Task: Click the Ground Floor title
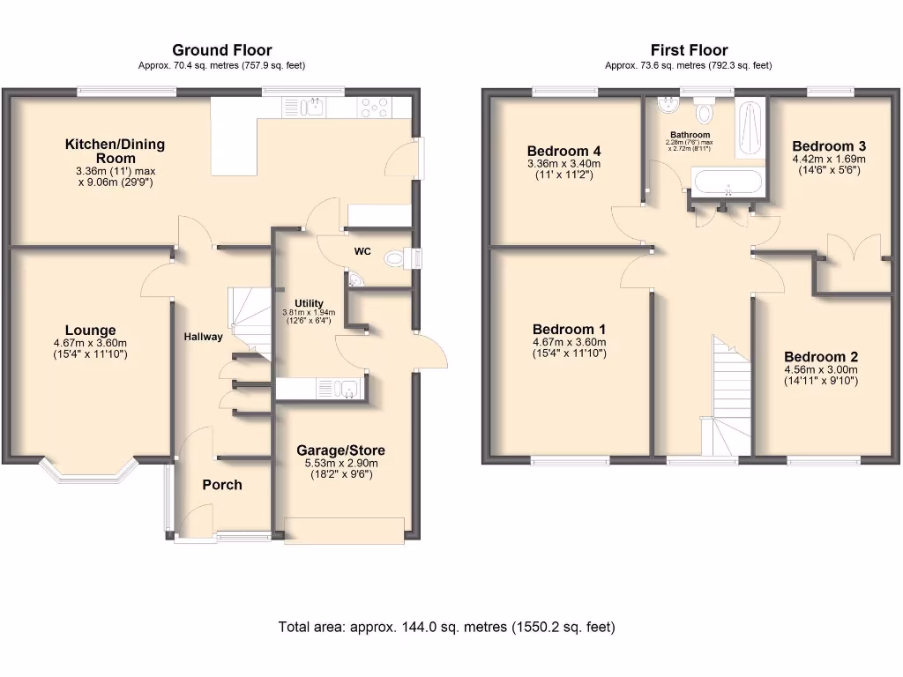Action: [221, 50]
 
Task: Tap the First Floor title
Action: [689, 50]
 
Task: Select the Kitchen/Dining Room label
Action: [114, 151]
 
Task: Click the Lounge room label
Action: [90, 331]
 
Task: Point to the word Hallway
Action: [204, 337]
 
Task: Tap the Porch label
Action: [222, 485]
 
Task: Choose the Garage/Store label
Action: [340, 450]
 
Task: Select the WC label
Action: [362, 252]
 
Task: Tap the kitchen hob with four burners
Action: [374, 108]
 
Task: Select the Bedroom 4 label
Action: [563, 151]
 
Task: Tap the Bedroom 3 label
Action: [829, 146]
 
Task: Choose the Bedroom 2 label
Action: [821, 357]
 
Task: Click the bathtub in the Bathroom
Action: [728, 183]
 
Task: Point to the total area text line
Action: [446, 628]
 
